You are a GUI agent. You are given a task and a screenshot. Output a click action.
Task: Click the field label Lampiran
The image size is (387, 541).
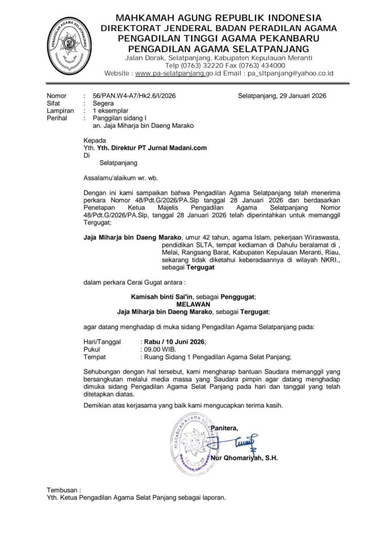pos(59,111)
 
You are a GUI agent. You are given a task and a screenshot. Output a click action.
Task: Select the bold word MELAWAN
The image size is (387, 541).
pos(193,304)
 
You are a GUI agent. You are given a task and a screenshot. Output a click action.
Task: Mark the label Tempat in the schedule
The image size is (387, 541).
pos(94,357)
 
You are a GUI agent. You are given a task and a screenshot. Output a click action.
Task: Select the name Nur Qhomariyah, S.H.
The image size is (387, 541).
pos(244,458)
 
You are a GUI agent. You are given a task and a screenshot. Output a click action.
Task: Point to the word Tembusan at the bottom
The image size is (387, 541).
pos(64,490)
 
